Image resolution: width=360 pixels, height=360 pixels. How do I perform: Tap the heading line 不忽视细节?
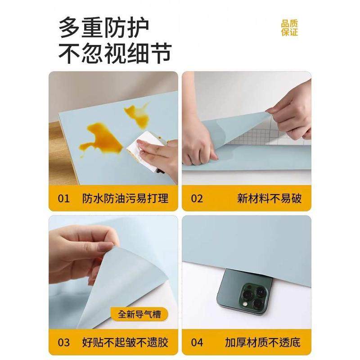[x=115, y=54]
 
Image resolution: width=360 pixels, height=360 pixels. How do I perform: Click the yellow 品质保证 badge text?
[x=290, y=28]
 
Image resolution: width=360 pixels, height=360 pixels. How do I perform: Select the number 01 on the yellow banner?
[x=64, y=198]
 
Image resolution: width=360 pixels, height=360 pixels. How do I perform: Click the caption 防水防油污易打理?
[x=126, y=198]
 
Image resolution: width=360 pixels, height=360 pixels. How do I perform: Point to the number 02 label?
[x=197, y=198]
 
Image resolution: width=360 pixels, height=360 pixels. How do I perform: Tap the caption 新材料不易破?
[x=269, y=198]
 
